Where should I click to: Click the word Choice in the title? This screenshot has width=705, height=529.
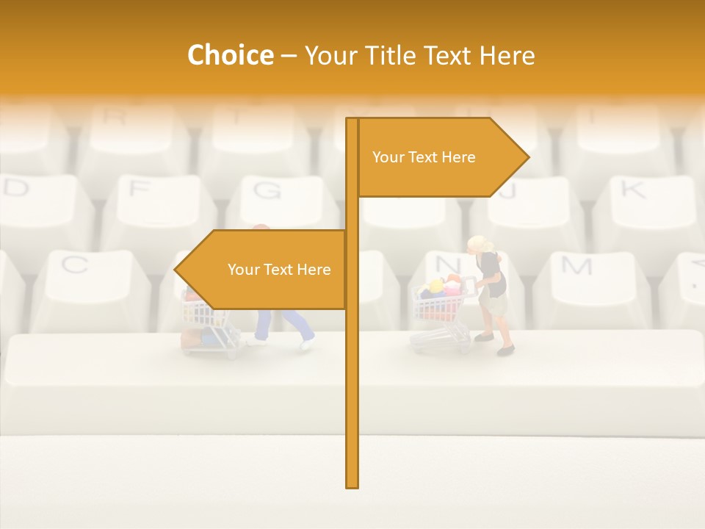[x=230, y=55]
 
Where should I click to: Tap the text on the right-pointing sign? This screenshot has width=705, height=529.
[x=424, y=157]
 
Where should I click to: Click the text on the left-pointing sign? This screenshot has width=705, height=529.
[x=279, y=270]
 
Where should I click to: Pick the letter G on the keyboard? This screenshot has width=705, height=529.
[x=267, y=190]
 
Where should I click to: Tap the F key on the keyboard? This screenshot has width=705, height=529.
[x=138, y=189]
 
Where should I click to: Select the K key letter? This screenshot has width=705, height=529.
[x=632, y=190]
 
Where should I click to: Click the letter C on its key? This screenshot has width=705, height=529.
[x=73, y=264]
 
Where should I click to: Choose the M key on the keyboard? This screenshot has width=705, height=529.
[x=576, y=266]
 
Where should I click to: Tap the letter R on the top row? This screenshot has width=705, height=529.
[x=114, y=115]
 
